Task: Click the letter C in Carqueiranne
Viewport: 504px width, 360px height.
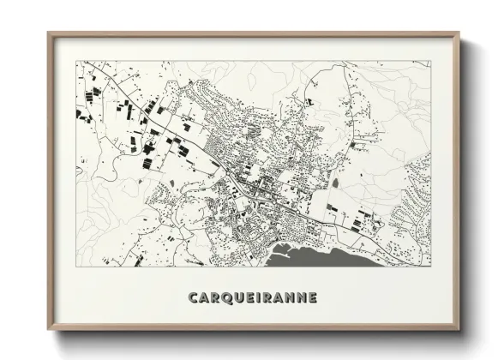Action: coord(193,298)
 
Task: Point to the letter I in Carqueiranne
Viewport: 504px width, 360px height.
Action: coord(261,298)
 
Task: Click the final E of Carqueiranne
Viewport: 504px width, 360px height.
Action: coord(312,298)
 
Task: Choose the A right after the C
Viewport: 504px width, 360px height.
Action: coord(204,298)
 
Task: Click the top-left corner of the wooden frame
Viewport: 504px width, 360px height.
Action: coord(48,33)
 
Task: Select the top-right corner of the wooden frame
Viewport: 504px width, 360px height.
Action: coord(459,33)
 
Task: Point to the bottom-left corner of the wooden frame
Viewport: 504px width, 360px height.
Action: coord(48,330)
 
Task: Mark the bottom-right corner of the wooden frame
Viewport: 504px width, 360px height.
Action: coord(459,330)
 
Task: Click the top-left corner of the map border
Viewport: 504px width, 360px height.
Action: coord(76,61)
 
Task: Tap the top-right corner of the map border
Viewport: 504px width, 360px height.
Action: coord(430,61)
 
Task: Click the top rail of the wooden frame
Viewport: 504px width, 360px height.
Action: coord(253,34)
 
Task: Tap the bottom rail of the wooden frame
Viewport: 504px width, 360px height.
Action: coord(253,328)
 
